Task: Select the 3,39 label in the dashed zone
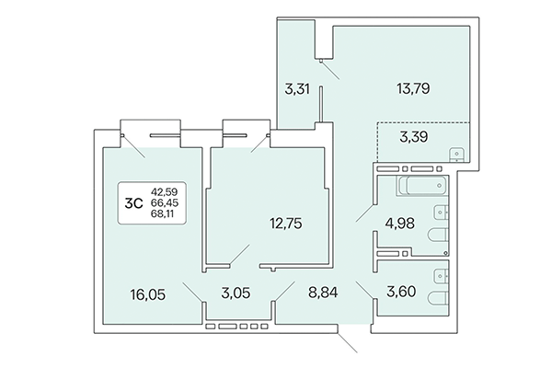[413, 138]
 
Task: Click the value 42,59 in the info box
[164, 192]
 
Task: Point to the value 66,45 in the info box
[164, 204]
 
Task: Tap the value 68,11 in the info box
[164, 216]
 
